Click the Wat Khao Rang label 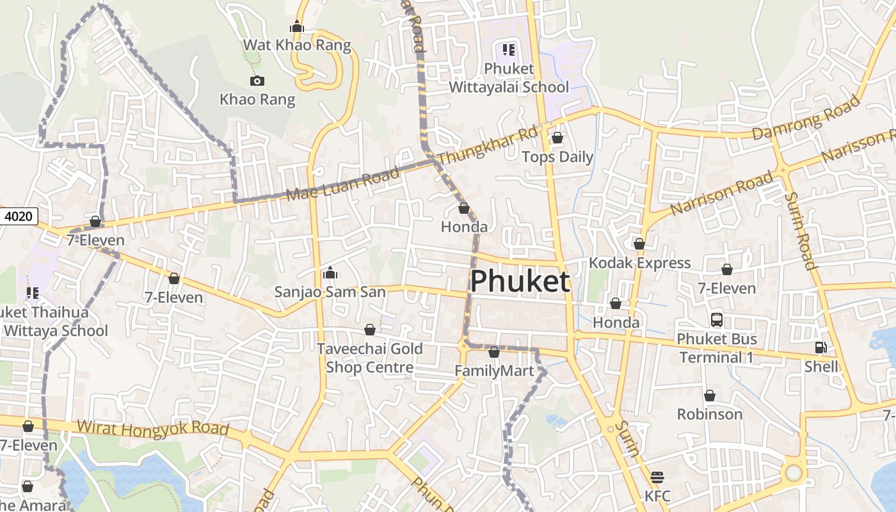[x=297, y=45]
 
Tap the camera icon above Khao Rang [x=257, y=81]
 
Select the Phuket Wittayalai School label [x=509, y=77]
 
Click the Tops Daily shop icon [x=557, y=138]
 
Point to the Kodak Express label [x=639, y=263]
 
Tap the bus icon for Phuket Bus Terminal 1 [x=717, y=319]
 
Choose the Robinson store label [x=710, y=414]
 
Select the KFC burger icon [x=657, y=477]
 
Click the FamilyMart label [x=493, y=371]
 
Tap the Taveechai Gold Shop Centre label [x=370, y=358]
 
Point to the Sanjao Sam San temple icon [x=330, y=273]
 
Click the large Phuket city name [x=520, y=282]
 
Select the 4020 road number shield [x=18, y=216]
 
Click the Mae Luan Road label [x=343, y=184]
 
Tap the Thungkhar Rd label [x=488, y=145]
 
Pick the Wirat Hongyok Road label [x=152, y=428]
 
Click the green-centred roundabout [x=794, y=473]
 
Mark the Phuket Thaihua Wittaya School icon [x=33, y=293]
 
